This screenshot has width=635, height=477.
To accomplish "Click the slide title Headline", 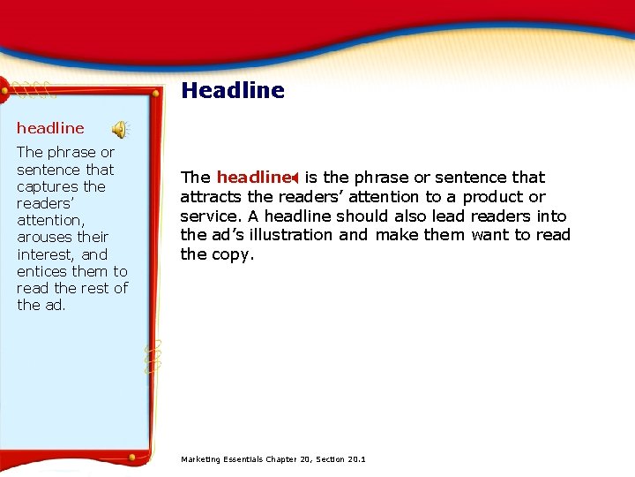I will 233,90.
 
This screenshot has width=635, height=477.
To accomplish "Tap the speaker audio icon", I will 118,129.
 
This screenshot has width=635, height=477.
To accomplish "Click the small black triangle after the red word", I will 295,178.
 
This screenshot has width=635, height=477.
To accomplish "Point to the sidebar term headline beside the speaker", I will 50,128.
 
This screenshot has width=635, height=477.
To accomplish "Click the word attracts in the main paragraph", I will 208,197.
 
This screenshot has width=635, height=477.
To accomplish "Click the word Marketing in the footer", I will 201,459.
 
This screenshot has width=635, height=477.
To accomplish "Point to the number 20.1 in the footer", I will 357,459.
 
